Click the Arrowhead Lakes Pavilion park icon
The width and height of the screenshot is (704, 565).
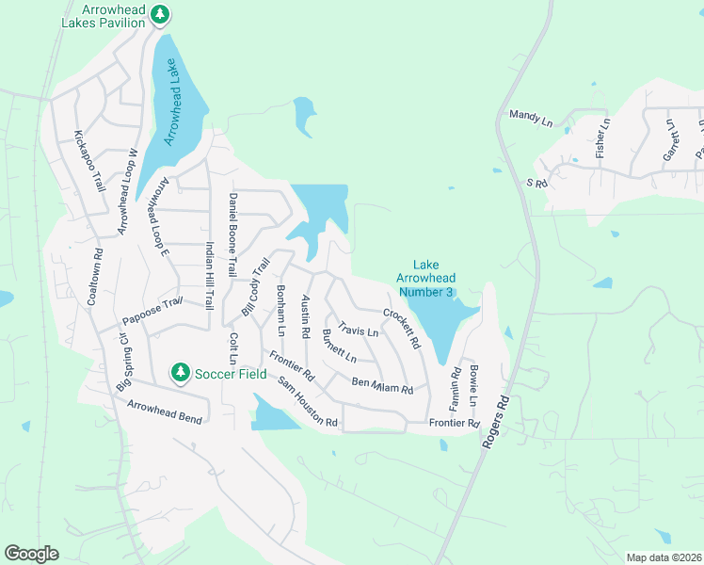161,14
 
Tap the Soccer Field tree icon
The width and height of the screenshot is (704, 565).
180,373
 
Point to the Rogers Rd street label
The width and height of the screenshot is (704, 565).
498,420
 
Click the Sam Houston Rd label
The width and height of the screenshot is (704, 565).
307,402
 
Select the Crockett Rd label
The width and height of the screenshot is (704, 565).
401,328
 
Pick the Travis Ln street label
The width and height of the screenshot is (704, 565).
358,331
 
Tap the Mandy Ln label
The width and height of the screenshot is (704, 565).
531,118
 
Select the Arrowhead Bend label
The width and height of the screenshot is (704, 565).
166,412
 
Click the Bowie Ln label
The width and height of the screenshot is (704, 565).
475,385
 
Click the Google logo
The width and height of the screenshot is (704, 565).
31,554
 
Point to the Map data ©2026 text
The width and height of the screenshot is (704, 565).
663,557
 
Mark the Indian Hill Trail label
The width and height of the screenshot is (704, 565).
210,274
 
